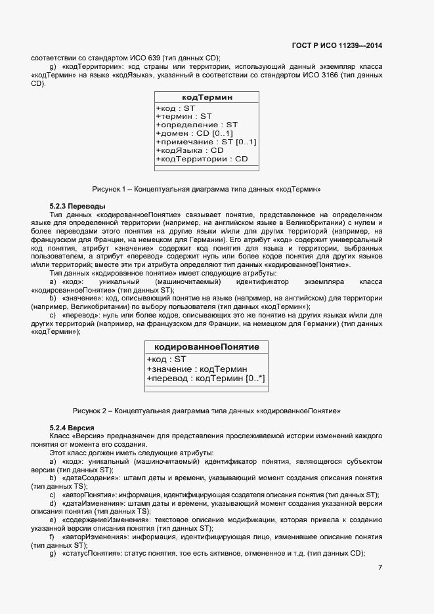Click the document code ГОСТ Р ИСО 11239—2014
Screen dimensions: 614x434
pyautogui.click(x=337, y=46)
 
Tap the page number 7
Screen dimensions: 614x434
pyautogui.click(x=380, y=567)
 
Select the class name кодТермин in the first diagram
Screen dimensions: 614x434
pyautogui.click(x=207, y=97)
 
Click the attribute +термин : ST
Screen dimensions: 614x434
pyautogui.click(x=179, y=116)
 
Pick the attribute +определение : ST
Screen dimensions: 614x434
pyautogui.click(x=196, y=125)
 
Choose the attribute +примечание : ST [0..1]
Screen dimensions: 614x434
pyautogui.click(x=206, y=142)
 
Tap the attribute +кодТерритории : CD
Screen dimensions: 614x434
pyautogui.click(x=202, y=159)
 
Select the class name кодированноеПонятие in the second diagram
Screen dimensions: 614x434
pyautogui.click(x=206, y=346)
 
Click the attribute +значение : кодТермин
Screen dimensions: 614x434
pyautogui.click(x=196, y=369)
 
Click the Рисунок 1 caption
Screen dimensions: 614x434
pyautogui.click(x=206, y=189)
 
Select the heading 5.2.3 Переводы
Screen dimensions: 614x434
pyautogui.click(x=73, y=206)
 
